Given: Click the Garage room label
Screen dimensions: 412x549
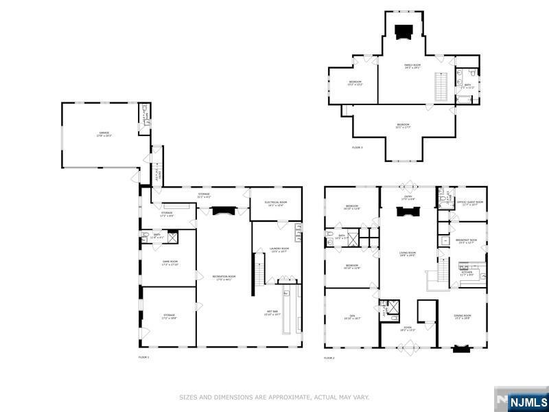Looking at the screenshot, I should [103, 135].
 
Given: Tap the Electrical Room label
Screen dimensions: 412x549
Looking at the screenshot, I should [275, 203].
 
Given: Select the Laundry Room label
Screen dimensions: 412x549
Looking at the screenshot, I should [279, 250].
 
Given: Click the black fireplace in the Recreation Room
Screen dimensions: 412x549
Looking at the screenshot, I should [223, 211].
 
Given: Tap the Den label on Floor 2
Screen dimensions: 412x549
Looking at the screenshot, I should [351, 317].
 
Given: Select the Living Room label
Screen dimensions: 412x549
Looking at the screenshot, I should [408, 253].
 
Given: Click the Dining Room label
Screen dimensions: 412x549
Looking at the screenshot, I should [462, 317].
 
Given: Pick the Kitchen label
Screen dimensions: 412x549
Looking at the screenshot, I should [467, 273].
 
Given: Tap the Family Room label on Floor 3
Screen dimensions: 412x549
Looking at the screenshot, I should [412, 66].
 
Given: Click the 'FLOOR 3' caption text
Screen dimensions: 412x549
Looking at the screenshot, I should [357, 148].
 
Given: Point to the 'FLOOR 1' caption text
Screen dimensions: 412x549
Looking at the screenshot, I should [143, 358].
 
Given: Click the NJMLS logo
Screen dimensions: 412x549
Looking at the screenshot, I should [527, 401].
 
